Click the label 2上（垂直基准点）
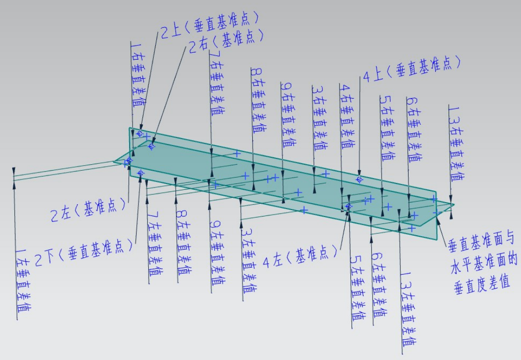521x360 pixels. (209, 26)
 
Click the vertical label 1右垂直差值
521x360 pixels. (138, 74)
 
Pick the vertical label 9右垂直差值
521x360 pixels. (288, 114)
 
